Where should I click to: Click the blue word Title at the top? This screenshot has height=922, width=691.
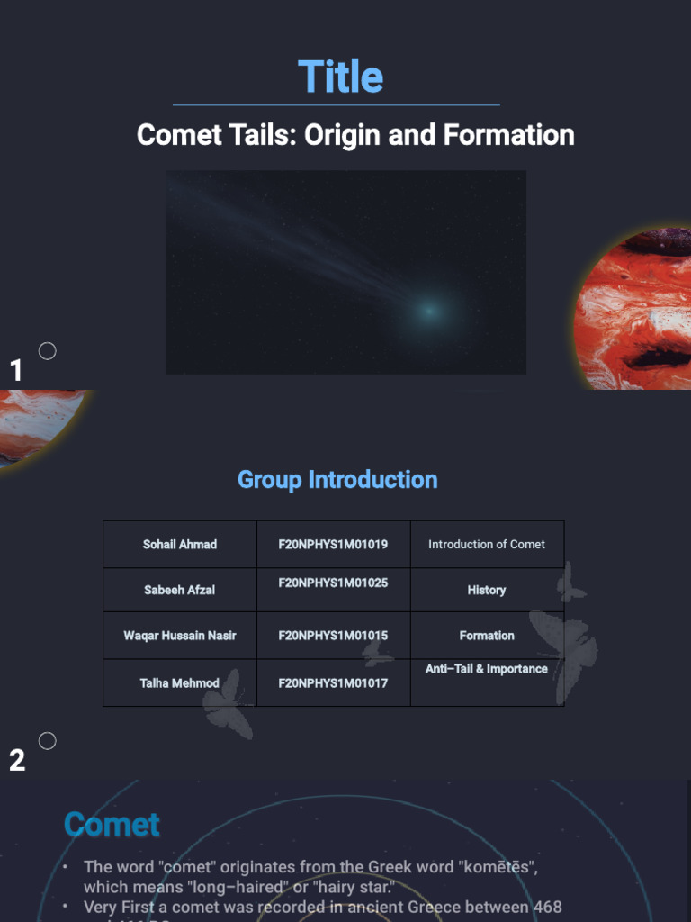(x=340, y=77)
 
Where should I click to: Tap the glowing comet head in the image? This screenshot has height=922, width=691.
(x=428, y=311)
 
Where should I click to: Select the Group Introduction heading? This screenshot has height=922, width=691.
(x=337, y=479)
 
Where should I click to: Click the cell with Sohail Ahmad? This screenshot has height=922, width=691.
(x=180, y=544)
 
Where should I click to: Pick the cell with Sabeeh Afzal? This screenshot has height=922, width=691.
(x=180, y=590)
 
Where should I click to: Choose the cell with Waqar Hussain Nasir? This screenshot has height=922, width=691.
(x=180, y=636)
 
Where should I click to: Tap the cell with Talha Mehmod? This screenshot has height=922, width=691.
(x=180, y=682)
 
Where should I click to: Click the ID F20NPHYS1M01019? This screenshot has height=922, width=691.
(x=333, y=544)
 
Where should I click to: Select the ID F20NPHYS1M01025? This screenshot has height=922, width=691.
(x=333, y=583)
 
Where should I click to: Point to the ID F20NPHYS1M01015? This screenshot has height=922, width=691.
(x=333, y=636)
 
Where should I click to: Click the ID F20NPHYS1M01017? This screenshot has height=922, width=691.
(x=333, y=682)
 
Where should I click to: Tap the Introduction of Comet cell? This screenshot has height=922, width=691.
(x=487, y=544)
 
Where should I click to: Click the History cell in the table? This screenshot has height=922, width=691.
(x=487, y=590)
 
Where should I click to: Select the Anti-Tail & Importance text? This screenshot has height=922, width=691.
(x=487, y=669)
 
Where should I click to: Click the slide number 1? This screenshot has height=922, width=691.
(x=15, y=370)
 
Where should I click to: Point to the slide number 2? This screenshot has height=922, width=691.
(x=17, y=761)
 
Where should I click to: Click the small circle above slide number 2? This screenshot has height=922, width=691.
(x=48, y=741)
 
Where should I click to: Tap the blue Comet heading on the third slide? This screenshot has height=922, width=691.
(x=112, y=824)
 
